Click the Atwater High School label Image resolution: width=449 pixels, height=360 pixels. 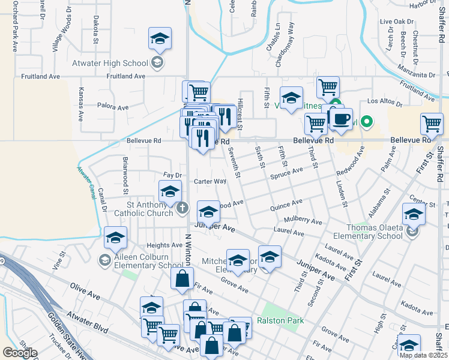(x=118, y=63)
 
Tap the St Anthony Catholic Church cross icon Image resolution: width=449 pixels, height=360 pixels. (x=184, y=208)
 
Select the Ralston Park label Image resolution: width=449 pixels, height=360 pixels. (x=280, y=320)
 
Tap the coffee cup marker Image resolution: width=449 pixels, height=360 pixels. (x=341, y=118)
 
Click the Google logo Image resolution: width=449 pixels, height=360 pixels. (x=20, y=353)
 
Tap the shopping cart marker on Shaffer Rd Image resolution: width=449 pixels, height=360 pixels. (x=432, y=124)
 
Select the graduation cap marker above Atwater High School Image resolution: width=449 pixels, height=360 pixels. (x=160, y=38)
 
